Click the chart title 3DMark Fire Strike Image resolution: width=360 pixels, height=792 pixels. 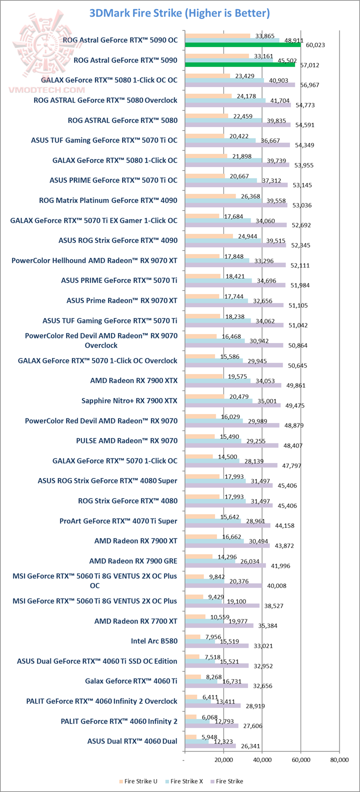coord(179,13)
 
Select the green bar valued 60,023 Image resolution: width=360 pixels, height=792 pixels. coord(242,44)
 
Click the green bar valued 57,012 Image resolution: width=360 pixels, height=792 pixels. coord(240,64)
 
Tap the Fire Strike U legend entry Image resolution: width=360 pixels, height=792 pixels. coord(138,781)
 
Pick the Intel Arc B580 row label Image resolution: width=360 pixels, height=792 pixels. coord(154,641)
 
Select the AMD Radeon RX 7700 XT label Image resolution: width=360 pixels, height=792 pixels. coord(135,621)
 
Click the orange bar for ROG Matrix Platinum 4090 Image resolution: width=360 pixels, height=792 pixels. coord(210,196)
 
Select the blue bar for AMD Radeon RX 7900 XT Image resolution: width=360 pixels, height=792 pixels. coord(214,541)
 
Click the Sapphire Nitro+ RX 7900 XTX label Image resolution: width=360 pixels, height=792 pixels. coord(129,400)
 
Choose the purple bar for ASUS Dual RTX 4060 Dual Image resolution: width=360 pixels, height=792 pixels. coord(210,745)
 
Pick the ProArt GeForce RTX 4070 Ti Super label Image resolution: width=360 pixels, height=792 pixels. coord(118,521)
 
